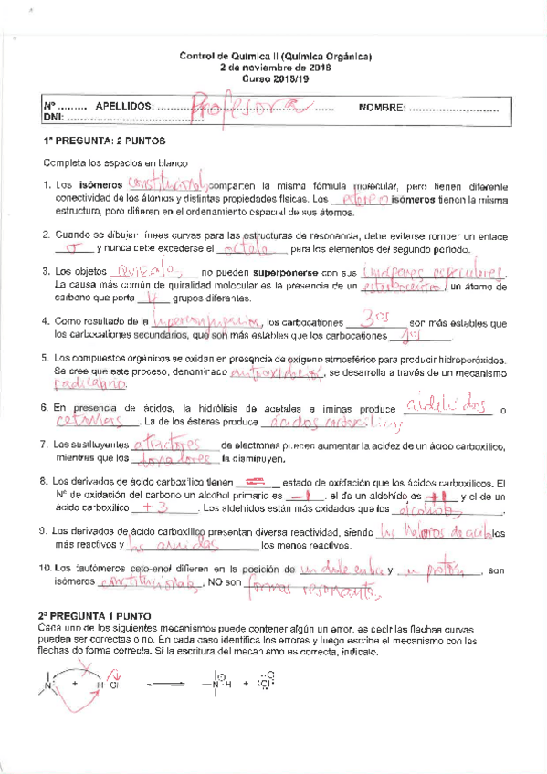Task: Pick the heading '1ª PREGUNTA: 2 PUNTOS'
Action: (x=103, y=142)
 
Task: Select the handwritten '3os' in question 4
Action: (x=375, y=319)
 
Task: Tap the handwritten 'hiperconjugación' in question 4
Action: (x=206, y=321)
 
